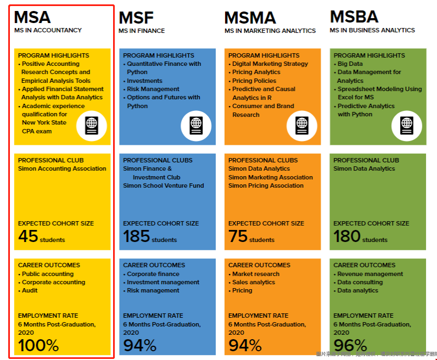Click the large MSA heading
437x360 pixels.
[x=33, y=17]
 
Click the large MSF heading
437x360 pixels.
[x=136, y=18]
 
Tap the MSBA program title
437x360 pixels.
[x=354, y=16]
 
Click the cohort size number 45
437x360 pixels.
[x=28, y=237]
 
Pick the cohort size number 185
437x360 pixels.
[x=136, y=237]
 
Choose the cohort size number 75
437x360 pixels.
[x=238, y=237]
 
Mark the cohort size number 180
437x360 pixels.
[x=347, y=237]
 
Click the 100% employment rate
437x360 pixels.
[x=38, y=345]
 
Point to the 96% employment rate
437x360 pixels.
[x=350, y=345]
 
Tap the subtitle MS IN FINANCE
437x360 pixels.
[x=142, y=31]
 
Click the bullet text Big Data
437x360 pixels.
[x=350, y=64]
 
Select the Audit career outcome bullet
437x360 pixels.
[x=30, y=290]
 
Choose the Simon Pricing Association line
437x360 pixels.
[x=266, y=185]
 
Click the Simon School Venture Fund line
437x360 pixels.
[x=163, y=185]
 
